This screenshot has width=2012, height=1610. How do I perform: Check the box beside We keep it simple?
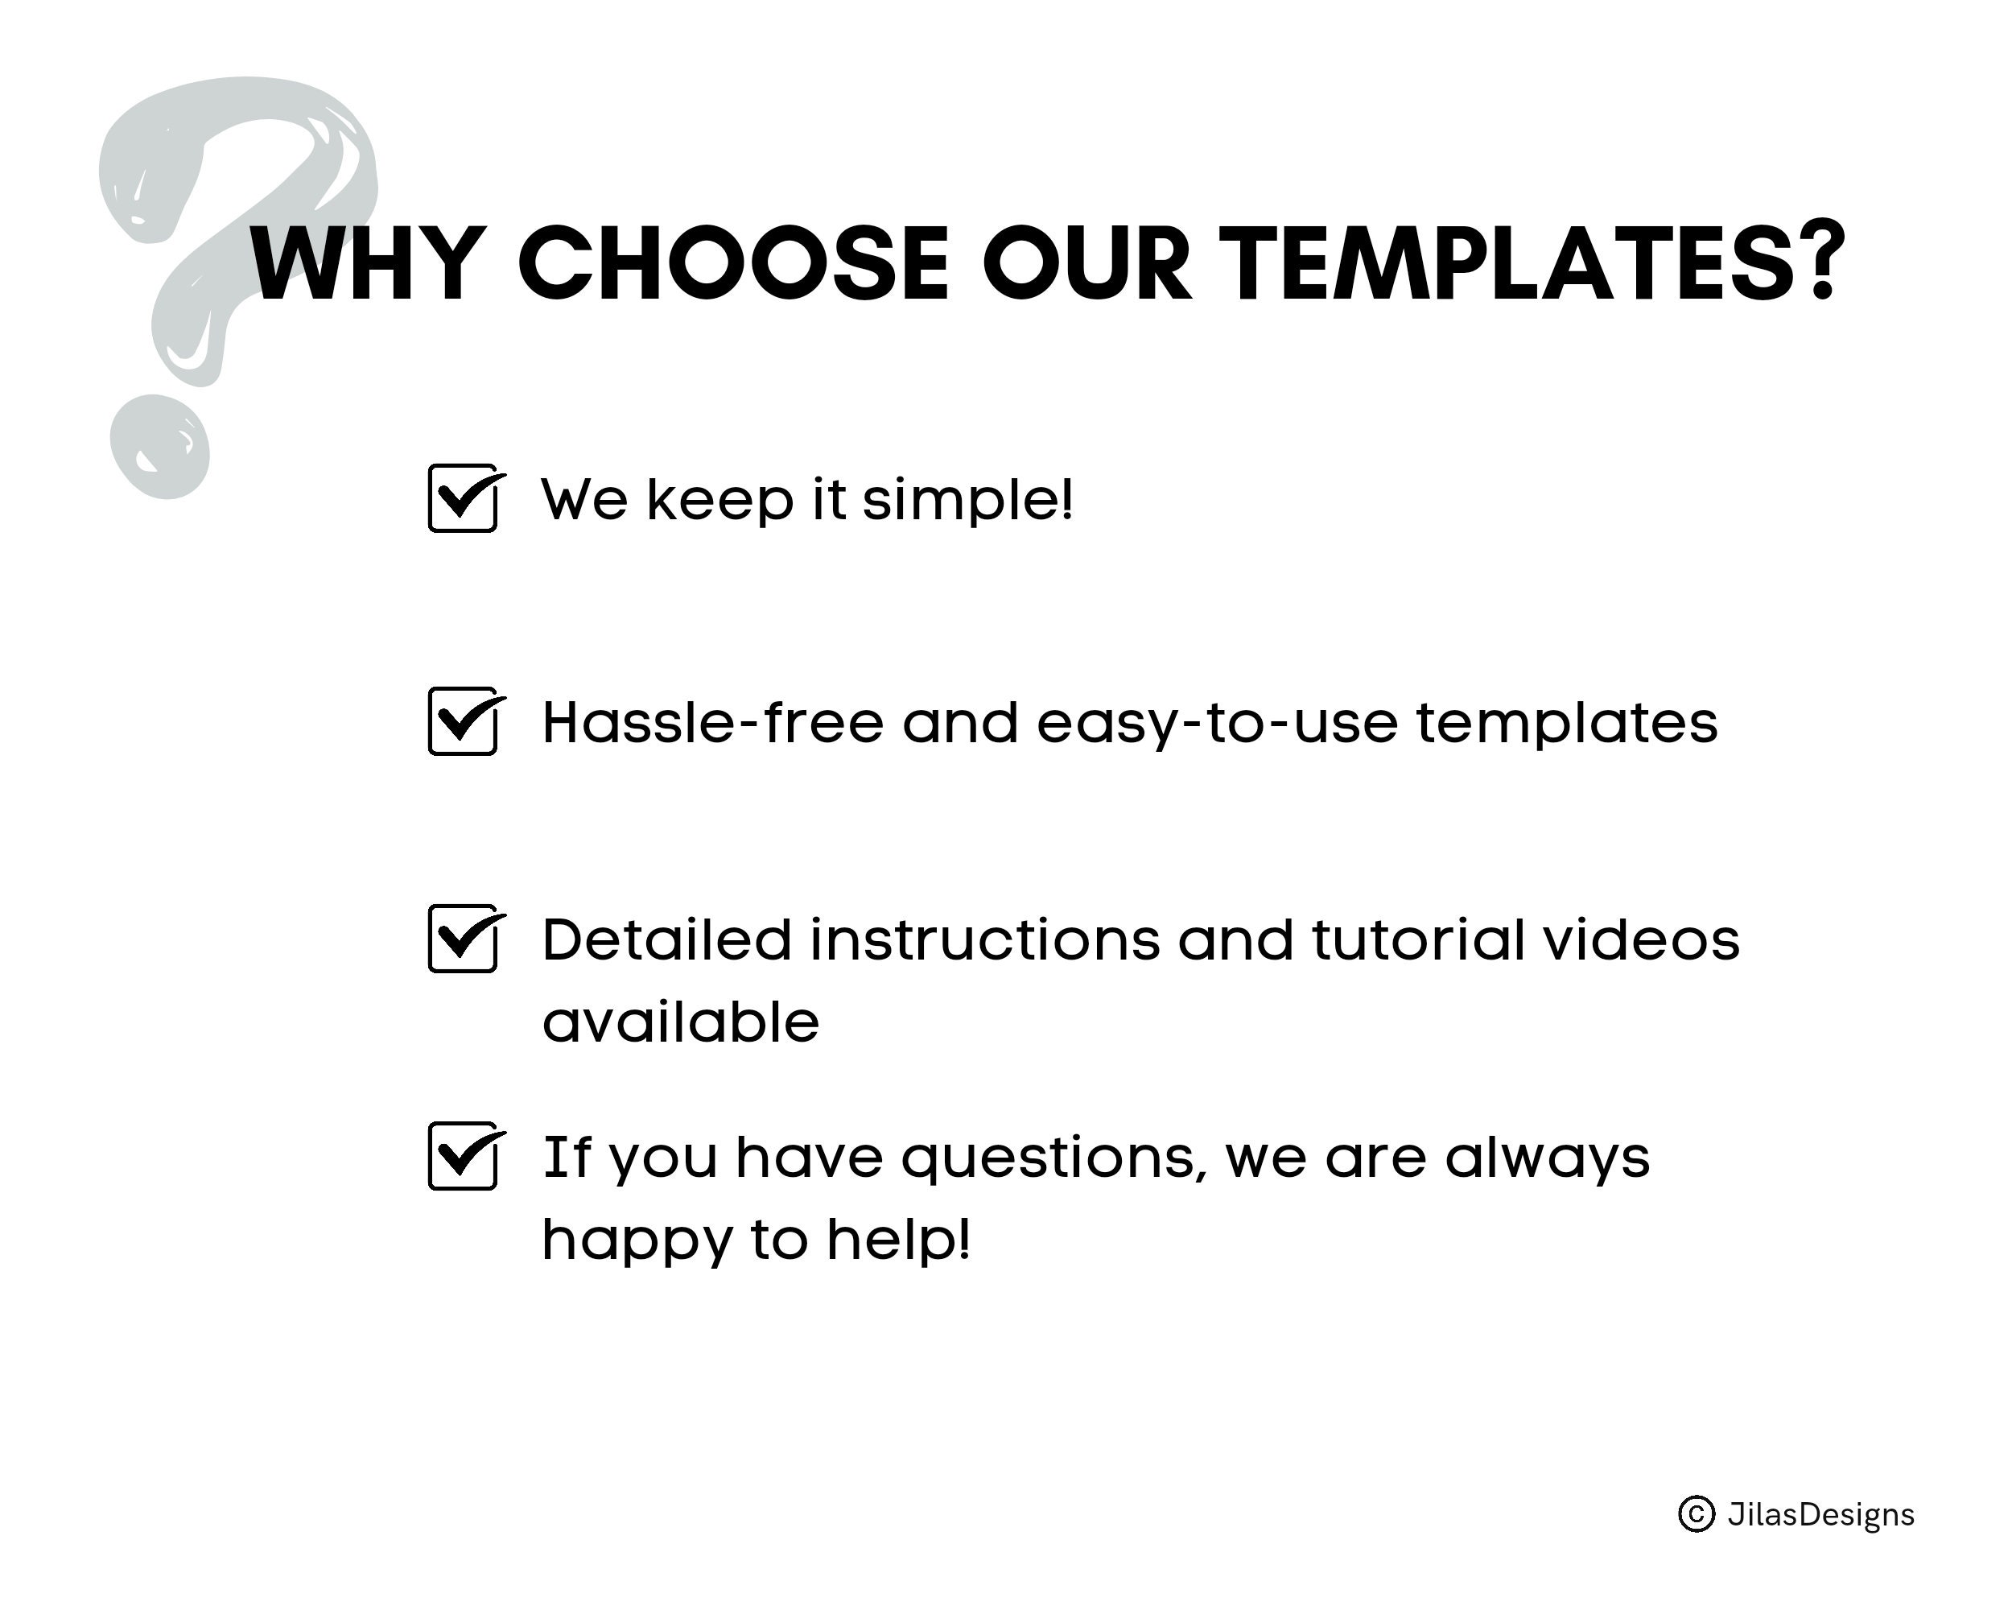click(464, 499)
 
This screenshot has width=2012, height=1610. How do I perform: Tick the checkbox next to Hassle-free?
click(464, 722)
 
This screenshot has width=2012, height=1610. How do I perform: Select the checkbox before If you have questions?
click(464, 1158)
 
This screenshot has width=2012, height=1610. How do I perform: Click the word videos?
click(1642, 940)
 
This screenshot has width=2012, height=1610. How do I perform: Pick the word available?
click(681, 1022)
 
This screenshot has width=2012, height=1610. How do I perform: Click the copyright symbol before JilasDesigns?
click(1697, 1514)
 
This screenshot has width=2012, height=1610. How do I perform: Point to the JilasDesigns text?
click(1820, 1514)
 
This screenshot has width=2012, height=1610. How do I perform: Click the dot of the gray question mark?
click(159, 447)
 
